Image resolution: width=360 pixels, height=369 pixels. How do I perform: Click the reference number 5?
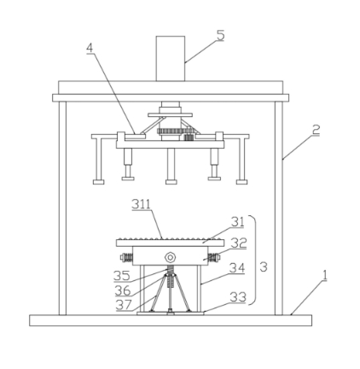pos(220,36)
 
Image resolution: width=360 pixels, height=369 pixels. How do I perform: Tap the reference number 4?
pos(90,49)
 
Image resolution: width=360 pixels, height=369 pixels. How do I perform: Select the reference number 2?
pos(316,130)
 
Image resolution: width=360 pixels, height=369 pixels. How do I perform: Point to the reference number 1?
pos(324,276)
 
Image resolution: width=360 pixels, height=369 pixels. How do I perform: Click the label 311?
pos(142,204)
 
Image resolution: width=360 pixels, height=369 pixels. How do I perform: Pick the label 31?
pos(237,222)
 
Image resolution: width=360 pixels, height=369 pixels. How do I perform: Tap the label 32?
pos(239,243)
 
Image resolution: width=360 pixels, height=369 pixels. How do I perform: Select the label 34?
pos(237,268)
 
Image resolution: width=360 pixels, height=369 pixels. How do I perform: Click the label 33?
pos(238,297)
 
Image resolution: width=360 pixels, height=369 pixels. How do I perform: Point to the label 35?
pos(122,276)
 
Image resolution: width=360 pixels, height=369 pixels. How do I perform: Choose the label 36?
pos(123,290)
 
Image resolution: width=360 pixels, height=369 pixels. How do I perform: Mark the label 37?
pos(124,305)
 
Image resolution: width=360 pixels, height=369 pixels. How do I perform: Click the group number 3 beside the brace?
pos(264,267)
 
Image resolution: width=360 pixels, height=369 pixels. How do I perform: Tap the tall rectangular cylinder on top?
pos(171,59)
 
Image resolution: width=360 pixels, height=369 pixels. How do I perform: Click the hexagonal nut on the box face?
pos(170,258)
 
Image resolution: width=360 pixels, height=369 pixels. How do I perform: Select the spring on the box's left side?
pos(127,257)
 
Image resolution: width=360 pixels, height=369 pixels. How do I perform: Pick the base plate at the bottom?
pos(171,320)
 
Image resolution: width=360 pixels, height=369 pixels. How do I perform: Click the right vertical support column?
pos(279,208)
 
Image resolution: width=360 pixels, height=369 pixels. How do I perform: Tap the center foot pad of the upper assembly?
pos(171,182)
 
